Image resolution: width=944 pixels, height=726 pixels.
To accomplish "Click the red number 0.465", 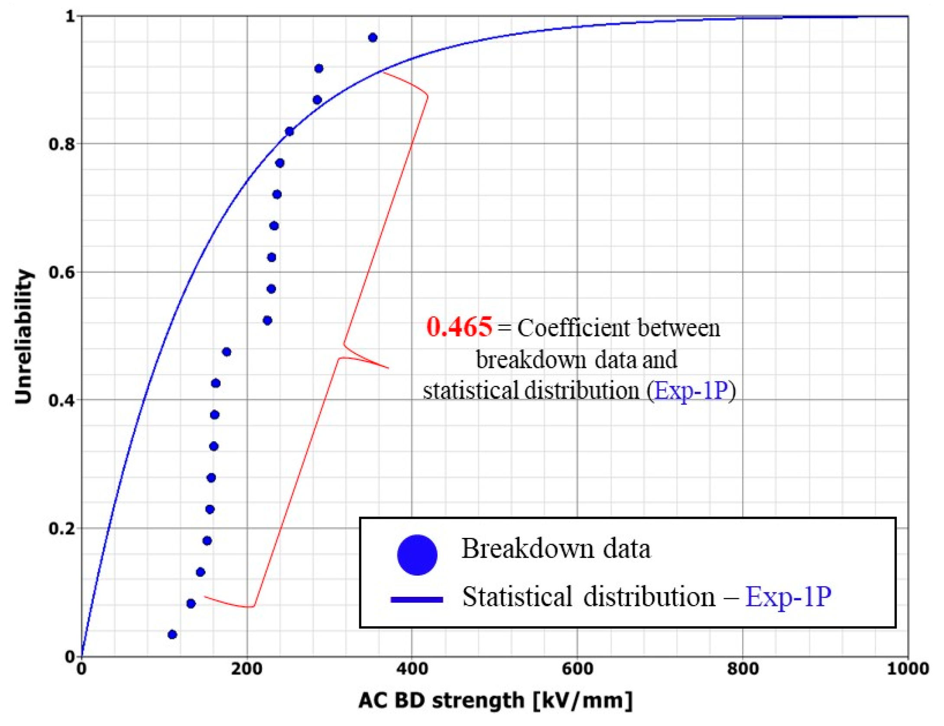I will point(459,327).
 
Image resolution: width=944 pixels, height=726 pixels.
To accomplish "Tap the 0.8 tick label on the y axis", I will point(62,144).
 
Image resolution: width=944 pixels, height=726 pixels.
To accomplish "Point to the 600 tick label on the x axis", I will point(577,669).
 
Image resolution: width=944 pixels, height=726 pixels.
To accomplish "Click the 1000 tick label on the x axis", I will point(907,669).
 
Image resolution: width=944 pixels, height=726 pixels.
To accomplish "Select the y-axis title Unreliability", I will point(23,337).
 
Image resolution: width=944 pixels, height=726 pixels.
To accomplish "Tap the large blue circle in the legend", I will point(417,555).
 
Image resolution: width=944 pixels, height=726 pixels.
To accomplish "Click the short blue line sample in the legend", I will point(416,600).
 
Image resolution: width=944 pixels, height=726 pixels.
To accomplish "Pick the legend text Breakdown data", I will point(556,549).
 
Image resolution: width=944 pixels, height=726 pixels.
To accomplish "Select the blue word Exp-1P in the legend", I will point(788,597).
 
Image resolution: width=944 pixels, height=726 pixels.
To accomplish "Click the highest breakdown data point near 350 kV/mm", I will point(373,38).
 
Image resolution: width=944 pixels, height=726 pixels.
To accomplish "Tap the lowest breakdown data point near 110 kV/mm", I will point(172,635).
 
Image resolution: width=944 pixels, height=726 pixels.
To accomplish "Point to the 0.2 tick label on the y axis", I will point(62,528).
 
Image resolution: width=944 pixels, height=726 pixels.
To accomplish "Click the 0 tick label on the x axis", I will point(81,669).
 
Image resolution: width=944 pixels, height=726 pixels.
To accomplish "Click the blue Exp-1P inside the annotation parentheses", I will point(691,390).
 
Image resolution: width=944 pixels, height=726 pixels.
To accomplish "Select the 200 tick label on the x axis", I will point(247,669).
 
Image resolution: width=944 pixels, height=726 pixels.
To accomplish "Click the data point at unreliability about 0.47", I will point(226,352).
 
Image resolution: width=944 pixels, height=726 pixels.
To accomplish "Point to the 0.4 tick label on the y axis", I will point(62,400).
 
